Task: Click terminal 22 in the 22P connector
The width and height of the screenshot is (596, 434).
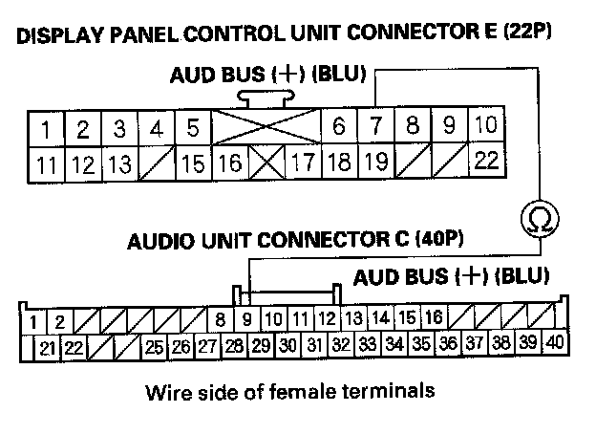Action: (486, 161)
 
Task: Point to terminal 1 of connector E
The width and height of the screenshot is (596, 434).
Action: (46, 127)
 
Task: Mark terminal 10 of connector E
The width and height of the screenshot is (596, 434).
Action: (485, 126)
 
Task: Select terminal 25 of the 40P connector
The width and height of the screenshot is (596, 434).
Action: (156, 345)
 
